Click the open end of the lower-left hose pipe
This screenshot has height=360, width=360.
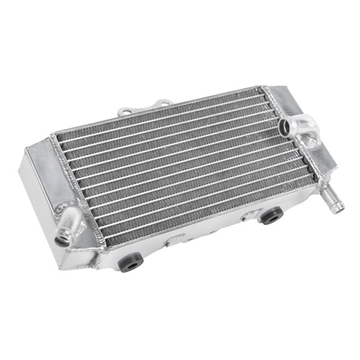point(63,240)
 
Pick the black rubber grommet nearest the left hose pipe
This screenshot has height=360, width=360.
point(130,262)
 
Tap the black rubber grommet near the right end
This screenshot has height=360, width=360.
point(271,216)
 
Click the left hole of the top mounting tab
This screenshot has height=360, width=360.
point(125,112)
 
